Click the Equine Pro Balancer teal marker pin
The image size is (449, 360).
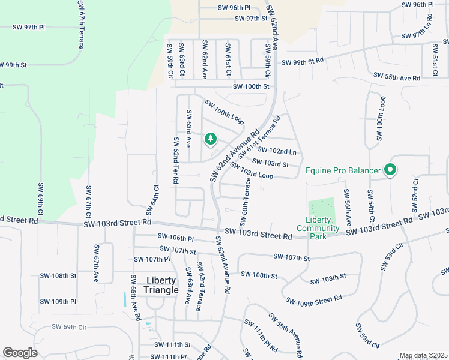click(390, 171)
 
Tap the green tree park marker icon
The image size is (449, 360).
click(210, 139)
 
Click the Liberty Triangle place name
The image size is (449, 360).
click(161, 285)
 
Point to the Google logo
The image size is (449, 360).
click(20, 353)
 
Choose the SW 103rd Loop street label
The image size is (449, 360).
click(251, 172)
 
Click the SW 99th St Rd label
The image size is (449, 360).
click(302, 61)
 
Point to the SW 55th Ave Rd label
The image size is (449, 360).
click(396, 77)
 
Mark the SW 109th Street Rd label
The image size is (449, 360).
click(313, 301)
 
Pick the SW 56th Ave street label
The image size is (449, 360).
click(347, 208)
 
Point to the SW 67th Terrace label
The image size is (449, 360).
click(80, 25)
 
